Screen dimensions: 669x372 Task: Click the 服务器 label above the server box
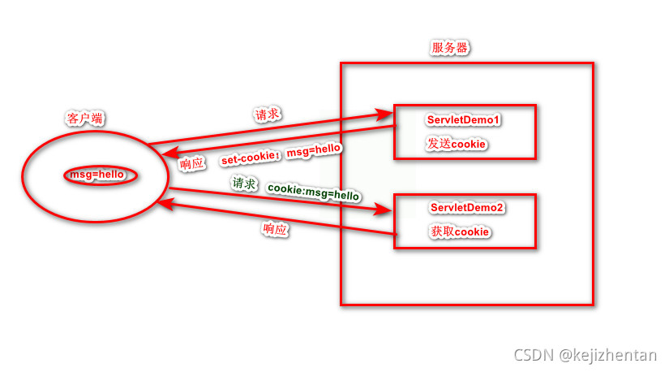pyautogui.click(x=449, y=48)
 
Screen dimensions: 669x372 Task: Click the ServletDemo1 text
pyautogui.click(x=463, y=120)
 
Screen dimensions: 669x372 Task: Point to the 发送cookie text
pyautogui.click(x=457, y=144)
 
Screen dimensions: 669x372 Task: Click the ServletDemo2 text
pyautogui.click(x=467, y=208)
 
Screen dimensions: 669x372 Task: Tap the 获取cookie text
pyautogui.click(x=459, y=232)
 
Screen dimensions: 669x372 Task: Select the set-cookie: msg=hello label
pyautogui.click(x=281, y=154)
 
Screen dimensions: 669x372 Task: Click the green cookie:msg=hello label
pyautogui.click(x=313, y=192)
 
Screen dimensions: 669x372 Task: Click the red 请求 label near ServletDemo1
pyautogui.click(x=268, y=114)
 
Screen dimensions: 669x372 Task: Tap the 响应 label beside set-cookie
pyautogui.click(x=192, y=162)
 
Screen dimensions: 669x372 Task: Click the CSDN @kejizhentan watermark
pyautogui.click(x=586, y=355)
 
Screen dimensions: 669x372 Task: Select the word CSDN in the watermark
pyautogui.click(x=534, y=355)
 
